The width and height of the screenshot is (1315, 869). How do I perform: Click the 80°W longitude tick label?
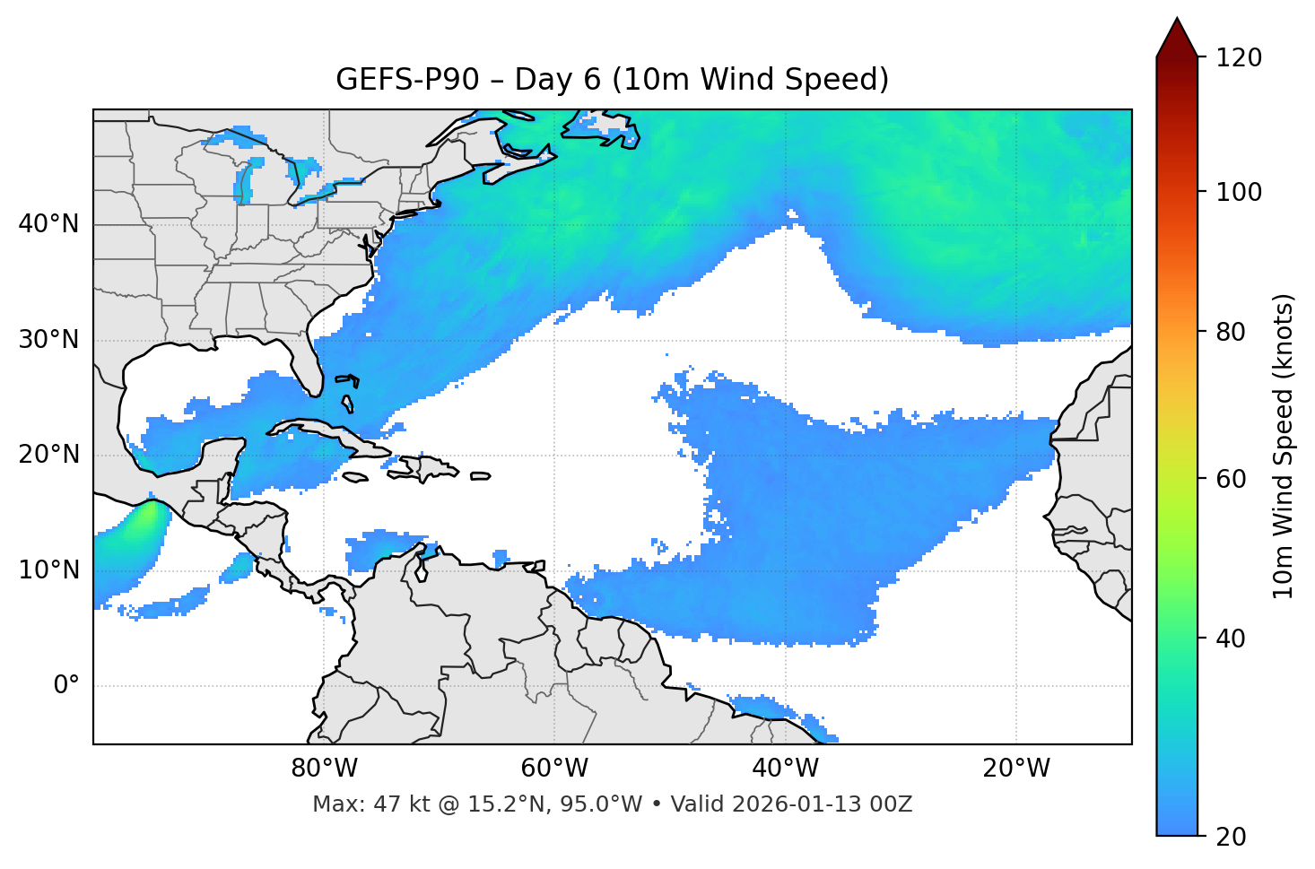coord(324,769)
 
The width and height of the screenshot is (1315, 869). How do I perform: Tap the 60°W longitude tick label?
coord(554,769)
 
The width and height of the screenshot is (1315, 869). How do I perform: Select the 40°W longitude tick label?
coord(785,769)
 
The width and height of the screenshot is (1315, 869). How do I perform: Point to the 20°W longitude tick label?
coord(1016,769)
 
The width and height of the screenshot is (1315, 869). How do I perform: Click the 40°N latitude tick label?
coord(48,224)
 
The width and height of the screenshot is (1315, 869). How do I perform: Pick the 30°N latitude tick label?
coord(48,340)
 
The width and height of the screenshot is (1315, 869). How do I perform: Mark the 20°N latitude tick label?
coord(48,455)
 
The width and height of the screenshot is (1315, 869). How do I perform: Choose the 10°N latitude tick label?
coord(48,570)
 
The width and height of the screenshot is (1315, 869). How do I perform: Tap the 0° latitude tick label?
coord(66,686)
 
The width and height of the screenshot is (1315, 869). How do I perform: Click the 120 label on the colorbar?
coord(1239,58)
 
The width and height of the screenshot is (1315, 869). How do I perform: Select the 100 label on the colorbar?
coord(1239,192)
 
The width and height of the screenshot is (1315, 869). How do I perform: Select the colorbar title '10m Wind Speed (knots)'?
coord(1284,446)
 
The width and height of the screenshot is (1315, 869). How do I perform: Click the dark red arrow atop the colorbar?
coord(1177,39)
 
